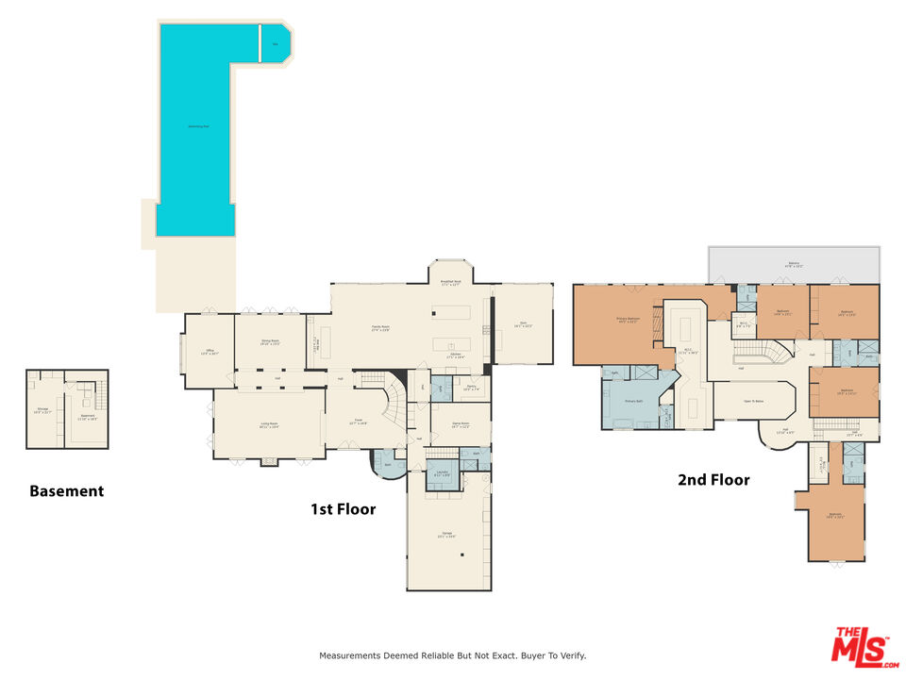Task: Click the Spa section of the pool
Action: point(276,44)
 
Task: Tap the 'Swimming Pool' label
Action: point(197,125)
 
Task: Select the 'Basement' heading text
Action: point(66,491)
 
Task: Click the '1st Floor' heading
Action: point(344,509)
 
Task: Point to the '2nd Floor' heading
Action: point(713,480)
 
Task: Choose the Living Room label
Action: point(270,424)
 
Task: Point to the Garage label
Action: point(446,536)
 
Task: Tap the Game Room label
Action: point(461,425)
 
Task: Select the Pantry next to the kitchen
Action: point(470,388)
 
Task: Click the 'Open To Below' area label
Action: point(752,400)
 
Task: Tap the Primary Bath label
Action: point(634,402)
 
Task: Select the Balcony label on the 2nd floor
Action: point(794,265)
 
